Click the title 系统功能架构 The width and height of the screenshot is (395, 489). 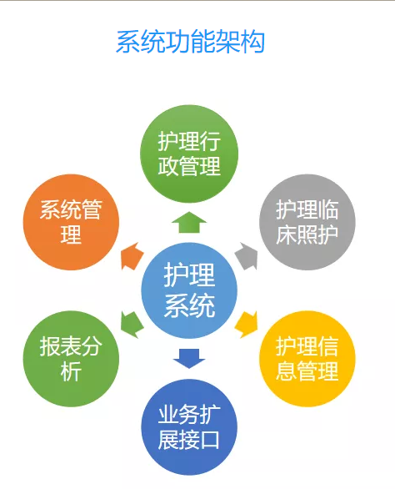click(x=190, y=42)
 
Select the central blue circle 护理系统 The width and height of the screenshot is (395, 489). click(x=189, y=290)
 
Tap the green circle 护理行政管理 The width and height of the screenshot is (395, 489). click(x=189, y=154)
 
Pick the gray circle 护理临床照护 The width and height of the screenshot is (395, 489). click(x=307, y=222)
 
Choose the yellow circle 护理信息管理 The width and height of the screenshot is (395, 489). click(x=307, y=359)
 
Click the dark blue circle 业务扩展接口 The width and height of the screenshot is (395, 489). click(x=189, y=427)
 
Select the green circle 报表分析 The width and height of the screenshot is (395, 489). click(x=71, y=359)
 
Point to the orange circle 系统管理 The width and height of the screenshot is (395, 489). click(x=71, y=222)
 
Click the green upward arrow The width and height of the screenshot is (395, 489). click(x=189, y=222)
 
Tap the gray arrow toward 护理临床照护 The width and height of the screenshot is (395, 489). click(x=247, y=256)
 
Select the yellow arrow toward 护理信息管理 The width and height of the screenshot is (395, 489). click(x=247, y=325)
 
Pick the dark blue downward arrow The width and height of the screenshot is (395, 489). click(x=189, y=359)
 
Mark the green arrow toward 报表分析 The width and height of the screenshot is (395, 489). click(x=132, y=325)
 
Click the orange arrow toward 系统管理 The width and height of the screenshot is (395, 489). click(x=132, y=256)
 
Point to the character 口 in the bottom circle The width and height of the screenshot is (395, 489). click(x=210, y=440)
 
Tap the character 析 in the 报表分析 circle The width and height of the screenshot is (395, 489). click(x=71, y=371)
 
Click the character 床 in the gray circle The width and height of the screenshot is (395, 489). click(x=287, y=234)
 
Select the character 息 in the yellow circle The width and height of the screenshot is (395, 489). click(x=287, y=371)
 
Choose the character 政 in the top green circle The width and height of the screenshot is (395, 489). click(x=168, y=166)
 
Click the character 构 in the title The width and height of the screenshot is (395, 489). click(x=252, y=42)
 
